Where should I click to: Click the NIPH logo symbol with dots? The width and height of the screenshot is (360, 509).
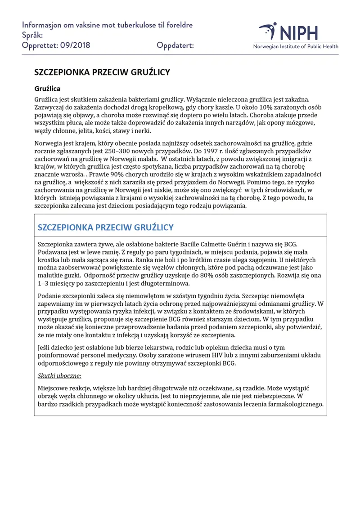point(268,31)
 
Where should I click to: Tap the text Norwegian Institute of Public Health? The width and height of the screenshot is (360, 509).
point(296,46)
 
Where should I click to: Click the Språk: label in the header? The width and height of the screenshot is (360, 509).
point(33,35)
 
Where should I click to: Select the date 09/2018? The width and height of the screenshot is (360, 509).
point(75,45)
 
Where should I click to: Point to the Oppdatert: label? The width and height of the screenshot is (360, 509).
point(175,45)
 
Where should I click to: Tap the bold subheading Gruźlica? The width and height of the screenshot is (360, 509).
point(47,89)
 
